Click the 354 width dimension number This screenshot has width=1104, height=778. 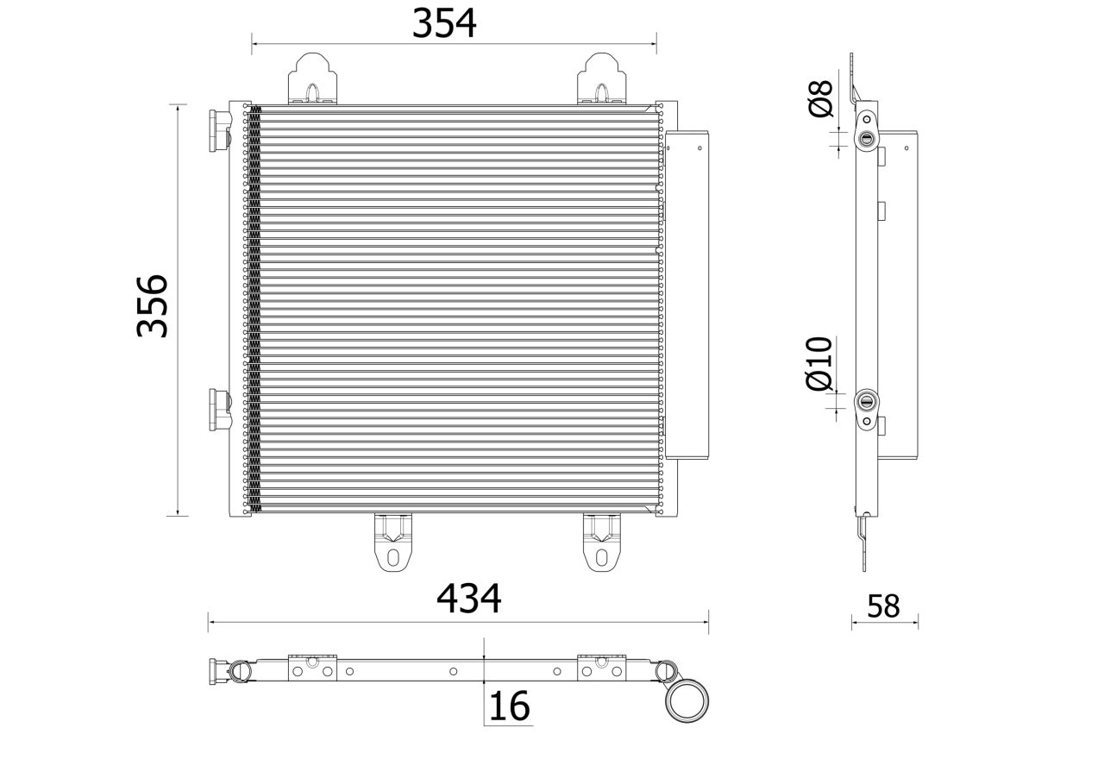click(x=444, y=23)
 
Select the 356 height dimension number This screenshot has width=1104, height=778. click(x=154, y=306)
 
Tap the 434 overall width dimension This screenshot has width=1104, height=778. click(x=468, y=599)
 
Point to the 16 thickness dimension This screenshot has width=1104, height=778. click(x=509, y=706)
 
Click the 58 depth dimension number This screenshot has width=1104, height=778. click(x=883, y=606)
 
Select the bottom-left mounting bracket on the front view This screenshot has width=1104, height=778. click(x=392, y=543)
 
